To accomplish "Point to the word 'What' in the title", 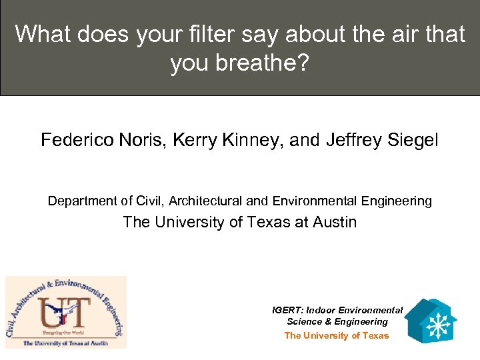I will pos(42,34).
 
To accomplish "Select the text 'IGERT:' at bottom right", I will pos(287,310).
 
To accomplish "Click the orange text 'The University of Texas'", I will pos(336,335).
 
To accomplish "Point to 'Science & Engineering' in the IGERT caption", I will pos(337,321).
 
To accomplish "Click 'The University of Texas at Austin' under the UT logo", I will pos(65,343).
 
